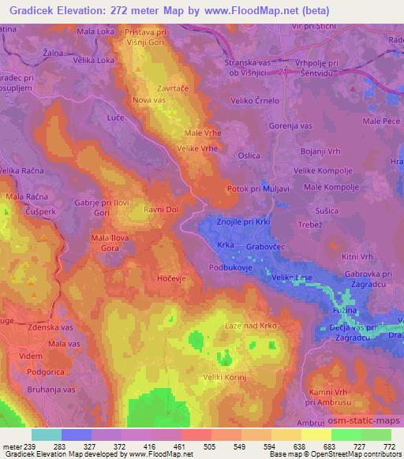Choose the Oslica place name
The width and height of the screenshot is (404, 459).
(250, 155)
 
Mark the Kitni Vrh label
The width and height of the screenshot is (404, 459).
(355, 256)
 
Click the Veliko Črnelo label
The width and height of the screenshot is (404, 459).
(260, 100)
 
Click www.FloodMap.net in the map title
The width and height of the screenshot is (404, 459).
(246, 11)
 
